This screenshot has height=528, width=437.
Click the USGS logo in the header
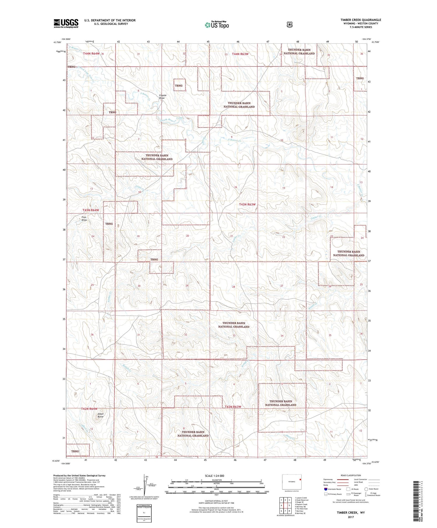tap(66, 23)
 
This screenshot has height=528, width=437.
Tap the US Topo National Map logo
tap(217, 25)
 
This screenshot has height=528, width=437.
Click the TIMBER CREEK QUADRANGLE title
tap(361, 20)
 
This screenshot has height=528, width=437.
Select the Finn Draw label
tap(84, 218)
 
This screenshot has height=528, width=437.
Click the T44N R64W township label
tap(91, 54)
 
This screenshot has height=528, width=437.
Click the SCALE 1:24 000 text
tap(214, 476)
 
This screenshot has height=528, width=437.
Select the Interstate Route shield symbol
tap(325, 489)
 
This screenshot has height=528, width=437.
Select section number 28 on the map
tap(233, 287)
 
